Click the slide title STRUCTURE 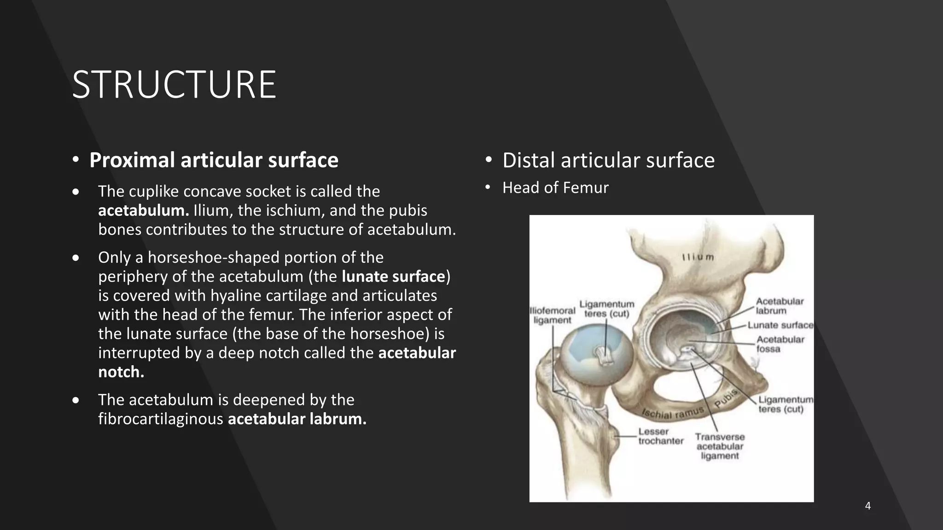(x=174, y=85)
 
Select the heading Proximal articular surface (x=214, y=160)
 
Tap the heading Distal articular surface (x=608, y=160)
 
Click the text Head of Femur (x=555, y=188)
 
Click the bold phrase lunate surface (x=393, y=277)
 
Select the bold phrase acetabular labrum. (x=297, y=419)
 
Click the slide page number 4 (x=868, y=506)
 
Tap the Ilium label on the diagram (x=698, y=257)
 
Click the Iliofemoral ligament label (x=553, y=315)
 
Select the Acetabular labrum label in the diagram (x=780, y=306)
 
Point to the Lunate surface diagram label (x=780, y=325)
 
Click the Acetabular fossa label (x=780, y=344)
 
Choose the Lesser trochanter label (x=660, y=436)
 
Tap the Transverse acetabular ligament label (x=720, y=446)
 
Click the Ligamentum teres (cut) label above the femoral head (x=606, y=309)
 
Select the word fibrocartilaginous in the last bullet (x=161, y=419)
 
